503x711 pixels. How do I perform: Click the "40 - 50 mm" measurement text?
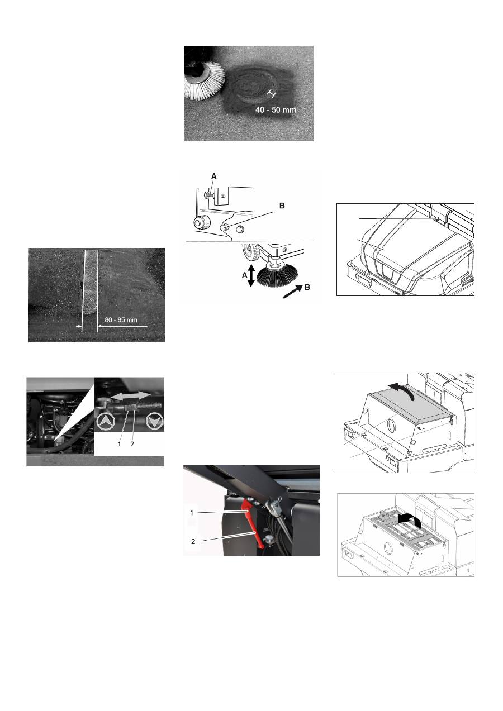276,110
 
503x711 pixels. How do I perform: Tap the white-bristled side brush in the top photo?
205,80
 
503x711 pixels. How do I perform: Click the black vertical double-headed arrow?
250,275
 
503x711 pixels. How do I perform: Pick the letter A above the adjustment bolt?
213,175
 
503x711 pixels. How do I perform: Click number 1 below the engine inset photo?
119,444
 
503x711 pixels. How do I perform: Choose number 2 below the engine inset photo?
132,444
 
